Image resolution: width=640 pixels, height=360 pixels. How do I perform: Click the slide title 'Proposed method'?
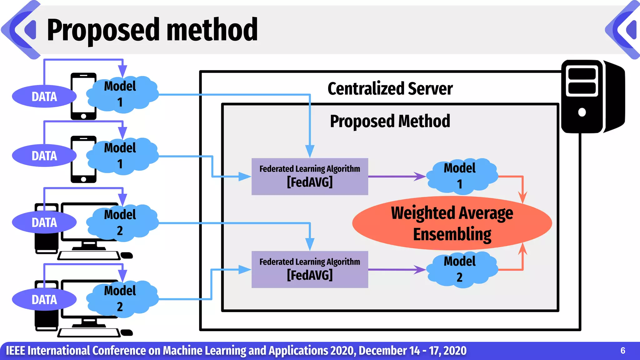(x=152, y=30)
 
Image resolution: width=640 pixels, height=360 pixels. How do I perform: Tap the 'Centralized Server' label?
(x=390, y=88)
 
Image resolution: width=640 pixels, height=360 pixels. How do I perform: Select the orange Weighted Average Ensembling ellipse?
(x=452, y=223)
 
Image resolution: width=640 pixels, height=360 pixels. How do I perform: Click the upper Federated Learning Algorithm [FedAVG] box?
(x=310, y=177)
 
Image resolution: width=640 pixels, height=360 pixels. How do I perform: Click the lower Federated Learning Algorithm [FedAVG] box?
(x=310, y=269)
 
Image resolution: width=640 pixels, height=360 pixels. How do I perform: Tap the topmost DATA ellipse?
(x=44, y=97)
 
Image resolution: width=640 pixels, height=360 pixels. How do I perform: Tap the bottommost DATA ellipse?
(x=44, y=299)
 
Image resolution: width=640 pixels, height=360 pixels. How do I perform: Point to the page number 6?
(x=622, y=351)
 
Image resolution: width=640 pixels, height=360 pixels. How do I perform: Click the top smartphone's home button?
(x=83, y=116)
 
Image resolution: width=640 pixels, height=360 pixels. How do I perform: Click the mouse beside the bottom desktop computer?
(x=127, y=332)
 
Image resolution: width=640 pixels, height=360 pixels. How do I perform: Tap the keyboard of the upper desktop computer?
(x=89, y=256)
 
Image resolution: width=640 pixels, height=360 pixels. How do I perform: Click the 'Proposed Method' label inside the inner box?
(x=390, y=121)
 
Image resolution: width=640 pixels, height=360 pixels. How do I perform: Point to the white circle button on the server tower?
(x=582, y=112)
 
